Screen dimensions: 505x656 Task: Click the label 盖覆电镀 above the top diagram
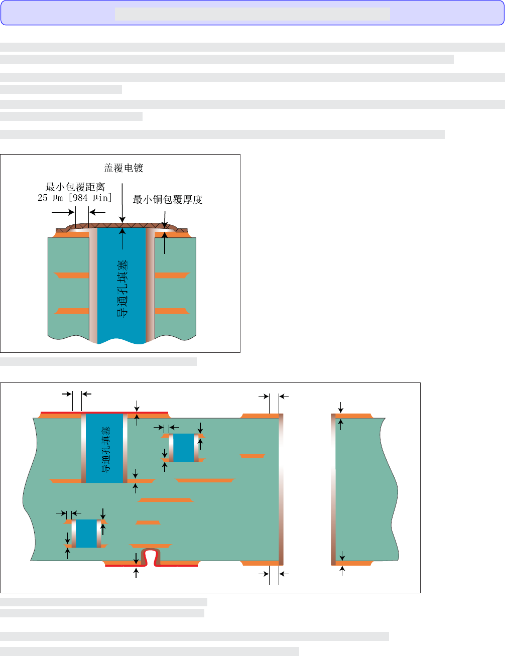point(123,168)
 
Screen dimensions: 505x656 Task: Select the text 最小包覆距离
point(75,187)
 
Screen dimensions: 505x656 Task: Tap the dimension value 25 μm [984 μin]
point(75,198)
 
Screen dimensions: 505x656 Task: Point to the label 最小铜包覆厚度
point(168,200)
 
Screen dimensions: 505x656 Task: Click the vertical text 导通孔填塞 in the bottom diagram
point(105,450)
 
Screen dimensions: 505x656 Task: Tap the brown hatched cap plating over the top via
point(121,227)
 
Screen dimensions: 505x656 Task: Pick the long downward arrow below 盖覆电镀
point(122,203)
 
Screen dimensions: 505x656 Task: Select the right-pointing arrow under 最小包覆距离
point(63,212)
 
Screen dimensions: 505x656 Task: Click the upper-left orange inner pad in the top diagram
point(72,276)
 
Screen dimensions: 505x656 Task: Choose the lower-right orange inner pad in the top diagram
point(172,311)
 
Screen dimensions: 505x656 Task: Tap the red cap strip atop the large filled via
point(104,413)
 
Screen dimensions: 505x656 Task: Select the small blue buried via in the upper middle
point(184,447)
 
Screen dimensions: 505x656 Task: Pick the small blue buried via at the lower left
point(86,534)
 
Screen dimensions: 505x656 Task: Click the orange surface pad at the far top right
point(354,416)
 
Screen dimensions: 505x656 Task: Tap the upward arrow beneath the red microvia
point(136,573)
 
